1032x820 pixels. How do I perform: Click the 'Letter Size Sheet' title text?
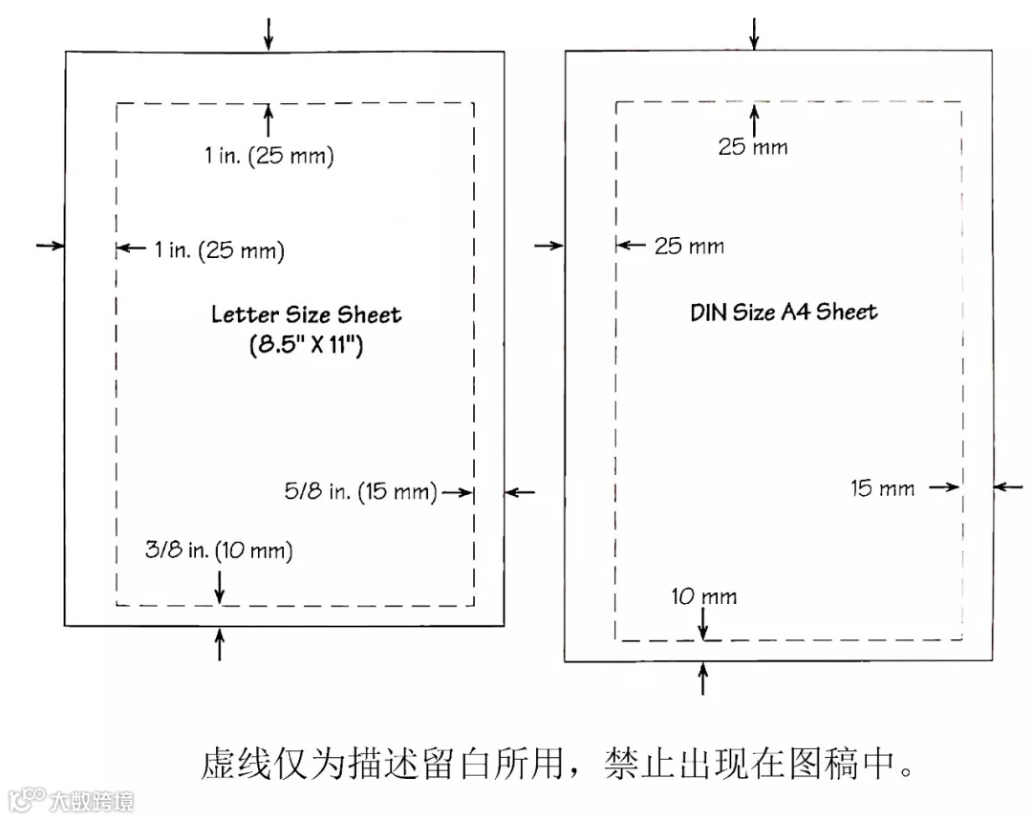pyautogui.click(x=306, y=315)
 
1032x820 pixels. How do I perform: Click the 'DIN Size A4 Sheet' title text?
pyautogui.click(x=784, y=312)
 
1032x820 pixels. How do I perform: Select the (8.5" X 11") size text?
pyautogui.click(x=305, y=345)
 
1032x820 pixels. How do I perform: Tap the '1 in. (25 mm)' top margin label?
pyautogui.click(x=269, y=156)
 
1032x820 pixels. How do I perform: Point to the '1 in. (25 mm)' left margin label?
pyautogui.click(x=219, y=250)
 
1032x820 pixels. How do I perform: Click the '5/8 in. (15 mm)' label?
pyautogui.click(x=360, y=492)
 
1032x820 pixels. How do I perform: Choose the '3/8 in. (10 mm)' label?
pyautogui.click(x=219, y=550)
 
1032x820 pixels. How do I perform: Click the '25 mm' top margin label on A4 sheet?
pyautogui.click(x=753, y=147)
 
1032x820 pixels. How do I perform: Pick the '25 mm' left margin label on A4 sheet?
pyautogui.click(x=689, y=247)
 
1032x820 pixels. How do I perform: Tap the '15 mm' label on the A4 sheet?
pyautogui.click(x=882, y=488)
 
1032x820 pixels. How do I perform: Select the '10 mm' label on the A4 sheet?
pyautogui.click(x=704, y=597)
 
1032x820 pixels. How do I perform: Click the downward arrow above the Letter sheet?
pyautogui.click(x=269, y=32)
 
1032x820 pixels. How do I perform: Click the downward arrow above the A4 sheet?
pyautogui.click(x=754, y=32)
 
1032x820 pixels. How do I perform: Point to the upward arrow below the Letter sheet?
pyautogui.click(x=221, y=645)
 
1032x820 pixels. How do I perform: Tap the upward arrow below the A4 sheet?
pyautogui.click(x=703, y=680)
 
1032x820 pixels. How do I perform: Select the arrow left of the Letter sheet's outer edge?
pyautogui.click(x=49, y=247)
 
